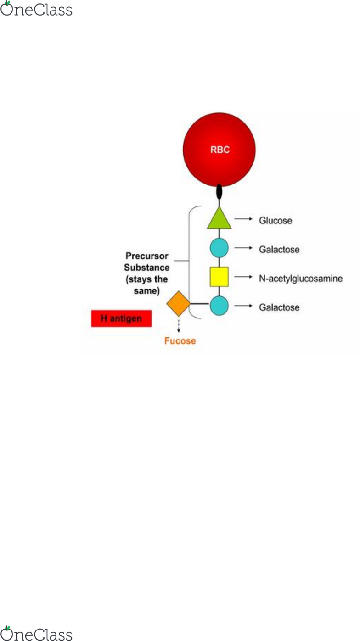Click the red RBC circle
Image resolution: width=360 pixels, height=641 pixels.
(219, 150)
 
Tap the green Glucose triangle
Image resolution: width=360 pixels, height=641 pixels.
(219, 220)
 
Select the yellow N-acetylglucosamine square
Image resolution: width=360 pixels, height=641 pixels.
(219, 277)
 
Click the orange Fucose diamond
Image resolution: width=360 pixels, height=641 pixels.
(179, 303)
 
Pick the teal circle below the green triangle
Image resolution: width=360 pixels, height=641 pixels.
(219, 248)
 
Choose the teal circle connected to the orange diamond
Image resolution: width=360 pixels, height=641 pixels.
(219, 306)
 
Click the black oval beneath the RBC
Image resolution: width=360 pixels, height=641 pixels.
(219, 191)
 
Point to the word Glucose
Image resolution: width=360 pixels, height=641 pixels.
(276, 221)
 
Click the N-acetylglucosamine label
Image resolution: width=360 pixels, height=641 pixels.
(301, 279)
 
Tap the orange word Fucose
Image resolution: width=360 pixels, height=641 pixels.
(180, 341)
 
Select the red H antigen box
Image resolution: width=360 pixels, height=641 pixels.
(121, 318)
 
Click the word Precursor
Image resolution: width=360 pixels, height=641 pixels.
(146, 256)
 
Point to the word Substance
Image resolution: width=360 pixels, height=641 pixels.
(146, 268)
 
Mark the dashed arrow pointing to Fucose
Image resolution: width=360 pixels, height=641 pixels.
(179, 326)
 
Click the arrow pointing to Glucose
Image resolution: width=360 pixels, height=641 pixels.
(243, 219)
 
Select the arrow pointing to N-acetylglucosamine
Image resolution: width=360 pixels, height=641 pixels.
(243, 277)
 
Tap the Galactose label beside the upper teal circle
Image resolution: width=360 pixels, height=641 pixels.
(279, 250)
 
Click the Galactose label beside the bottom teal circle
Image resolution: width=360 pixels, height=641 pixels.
(279, 307)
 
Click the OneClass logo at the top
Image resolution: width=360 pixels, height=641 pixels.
(36, 9)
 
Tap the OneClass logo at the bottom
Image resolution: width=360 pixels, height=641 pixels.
(36, 634)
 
